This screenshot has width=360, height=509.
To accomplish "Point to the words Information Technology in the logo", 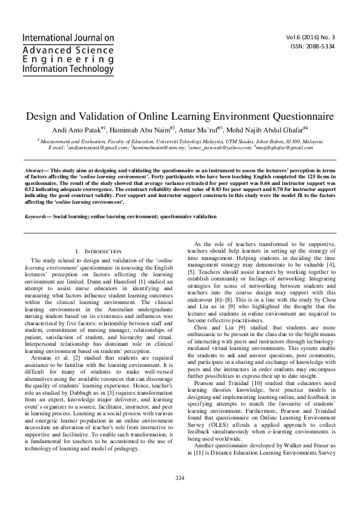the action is point(67,69).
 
